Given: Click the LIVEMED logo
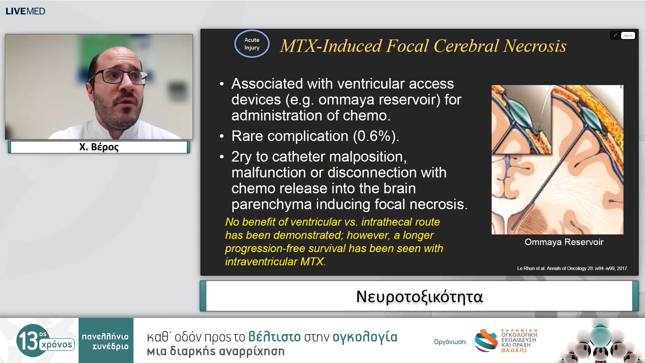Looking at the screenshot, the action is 25,11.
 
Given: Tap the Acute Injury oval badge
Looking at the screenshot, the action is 252,44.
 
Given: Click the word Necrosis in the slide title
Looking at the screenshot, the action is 535,46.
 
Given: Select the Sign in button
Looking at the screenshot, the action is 628,36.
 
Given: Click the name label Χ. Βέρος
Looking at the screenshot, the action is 99,147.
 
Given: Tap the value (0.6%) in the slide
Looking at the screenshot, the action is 376,136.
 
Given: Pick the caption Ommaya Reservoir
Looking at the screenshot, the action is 564,242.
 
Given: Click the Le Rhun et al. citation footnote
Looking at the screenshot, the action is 572,268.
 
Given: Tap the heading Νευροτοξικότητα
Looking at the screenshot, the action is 419,296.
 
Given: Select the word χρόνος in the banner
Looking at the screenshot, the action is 57,345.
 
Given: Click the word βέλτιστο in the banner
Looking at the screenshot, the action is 274,337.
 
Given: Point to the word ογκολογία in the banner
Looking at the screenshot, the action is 365,337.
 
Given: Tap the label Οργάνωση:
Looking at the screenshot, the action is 450,342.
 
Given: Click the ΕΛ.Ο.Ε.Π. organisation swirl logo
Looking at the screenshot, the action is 486,340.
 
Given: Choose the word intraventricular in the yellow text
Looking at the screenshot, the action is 261,261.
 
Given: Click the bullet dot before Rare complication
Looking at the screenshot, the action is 221,136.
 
